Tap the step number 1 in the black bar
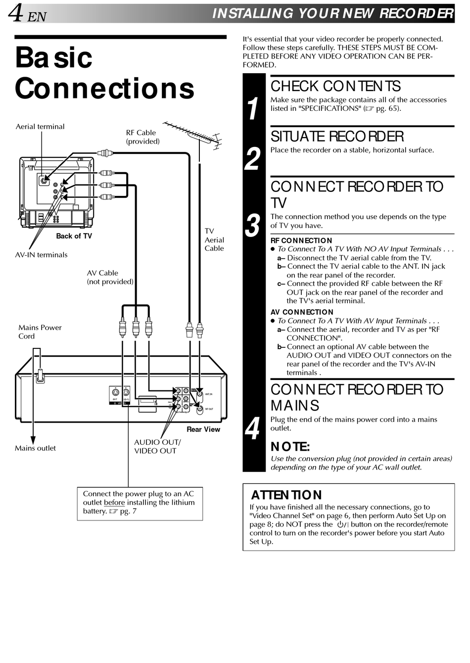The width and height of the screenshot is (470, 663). click(x=253, y=108)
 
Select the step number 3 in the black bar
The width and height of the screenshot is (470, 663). click(x=253, y=225)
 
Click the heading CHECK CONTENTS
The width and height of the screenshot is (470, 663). click(x=335, y=87)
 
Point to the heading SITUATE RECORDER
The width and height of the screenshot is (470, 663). click(x=337, y=137)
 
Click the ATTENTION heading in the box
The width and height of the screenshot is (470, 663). click(x=286, y=495)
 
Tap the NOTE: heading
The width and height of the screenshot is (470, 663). click(x=290, y=447)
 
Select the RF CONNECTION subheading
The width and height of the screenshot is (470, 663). click(x=301, y=240)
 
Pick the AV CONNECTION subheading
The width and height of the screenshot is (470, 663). click(x=302, y=312)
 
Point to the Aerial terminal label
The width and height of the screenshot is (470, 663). click(x=40, y=127)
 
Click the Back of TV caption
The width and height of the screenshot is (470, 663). click(x=74, y=236)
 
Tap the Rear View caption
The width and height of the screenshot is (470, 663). click(x=203, y=429)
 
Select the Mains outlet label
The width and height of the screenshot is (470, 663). click(x=35, y=448)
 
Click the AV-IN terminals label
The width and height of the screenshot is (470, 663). click(x=41, y=255)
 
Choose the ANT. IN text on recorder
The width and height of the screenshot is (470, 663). click(x=209, y=394)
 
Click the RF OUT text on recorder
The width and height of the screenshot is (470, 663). click(x=209, y=409)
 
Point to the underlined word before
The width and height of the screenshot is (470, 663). click(x=114, y=503)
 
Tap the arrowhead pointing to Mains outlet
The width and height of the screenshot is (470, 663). click(x=33, y=440)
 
